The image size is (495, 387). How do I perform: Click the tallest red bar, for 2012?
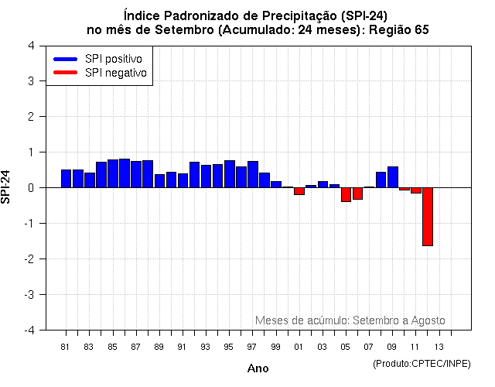(x=427, y=217)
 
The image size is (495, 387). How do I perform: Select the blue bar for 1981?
(x=66, y=179)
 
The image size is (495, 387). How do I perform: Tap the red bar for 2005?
(x=346, y=194)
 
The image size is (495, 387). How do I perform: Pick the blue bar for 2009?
(x=393, y=177)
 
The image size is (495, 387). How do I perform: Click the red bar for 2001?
(x=299, y=191)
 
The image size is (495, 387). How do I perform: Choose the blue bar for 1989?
(x=159, y=181)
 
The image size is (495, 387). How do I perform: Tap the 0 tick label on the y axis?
(x=30, y=188)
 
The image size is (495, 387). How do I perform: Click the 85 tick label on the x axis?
(x=112, y=346)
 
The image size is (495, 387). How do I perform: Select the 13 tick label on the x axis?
(x=439, y=346)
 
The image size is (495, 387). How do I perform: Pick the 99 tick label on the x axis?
(x=275, y=346)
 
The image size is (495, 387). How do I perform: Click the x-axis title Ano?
(x=258, y=368)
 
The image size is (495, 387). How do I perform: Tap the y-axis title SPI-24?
(x=7, y=187)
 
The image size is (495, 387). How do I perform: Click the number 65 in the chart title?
(x=421, y=29)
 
